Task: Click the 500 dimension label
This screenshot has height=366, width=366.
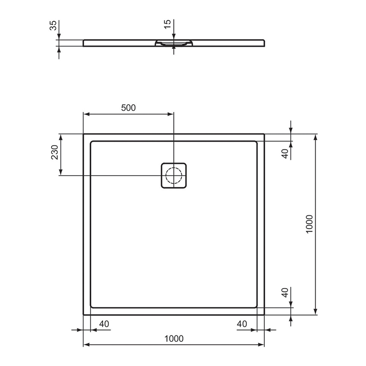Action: [x=128, y=108]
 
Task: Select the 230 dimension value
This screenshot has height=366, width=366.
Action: [x=55, y=152]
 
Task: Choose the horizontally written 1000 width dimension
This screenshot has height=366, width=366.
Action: [x=174, y=338]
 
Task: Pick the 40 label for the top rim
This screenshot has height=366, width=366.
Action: [x=285, y=154]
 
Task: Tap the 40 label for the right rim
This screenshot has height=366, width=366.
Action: [x=242, y=324]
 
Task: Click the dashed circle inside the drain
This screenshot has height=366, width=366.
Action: [x=174, y=175]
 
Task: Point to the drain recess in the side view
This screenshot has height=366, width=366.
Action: [x=174, y=43]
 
